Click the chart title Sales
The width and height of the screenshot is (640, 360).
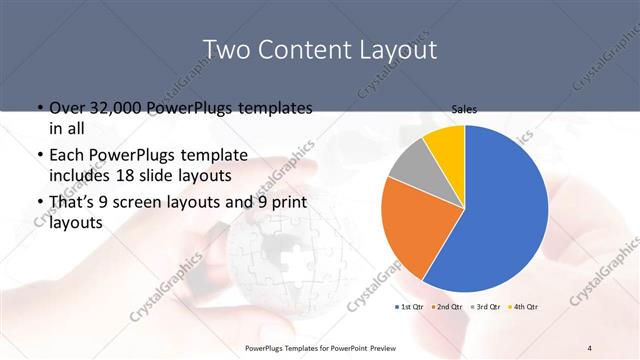coord(464,109)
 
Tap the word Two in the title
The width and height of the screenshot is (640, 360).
coord(229,49)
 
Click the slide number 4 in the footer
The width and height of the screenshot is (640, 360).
coord(590,347)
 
